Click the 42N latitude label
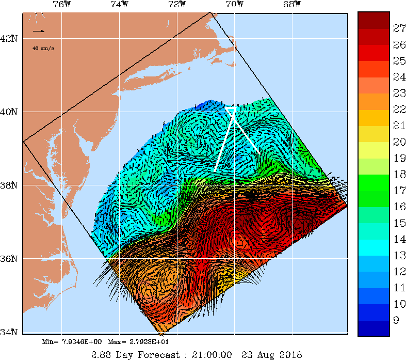pos(10,39)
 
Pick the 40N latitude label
pos(10,112)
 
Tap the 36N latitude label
pos(10,258)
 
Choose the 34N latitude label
pos(10,332)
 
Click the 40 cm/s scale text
pos(43,48)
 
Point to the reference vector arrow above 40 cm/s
pos(39,32)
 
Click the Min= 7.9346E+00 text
pos(74,342)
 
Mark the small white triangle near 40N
pos(231,109)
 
